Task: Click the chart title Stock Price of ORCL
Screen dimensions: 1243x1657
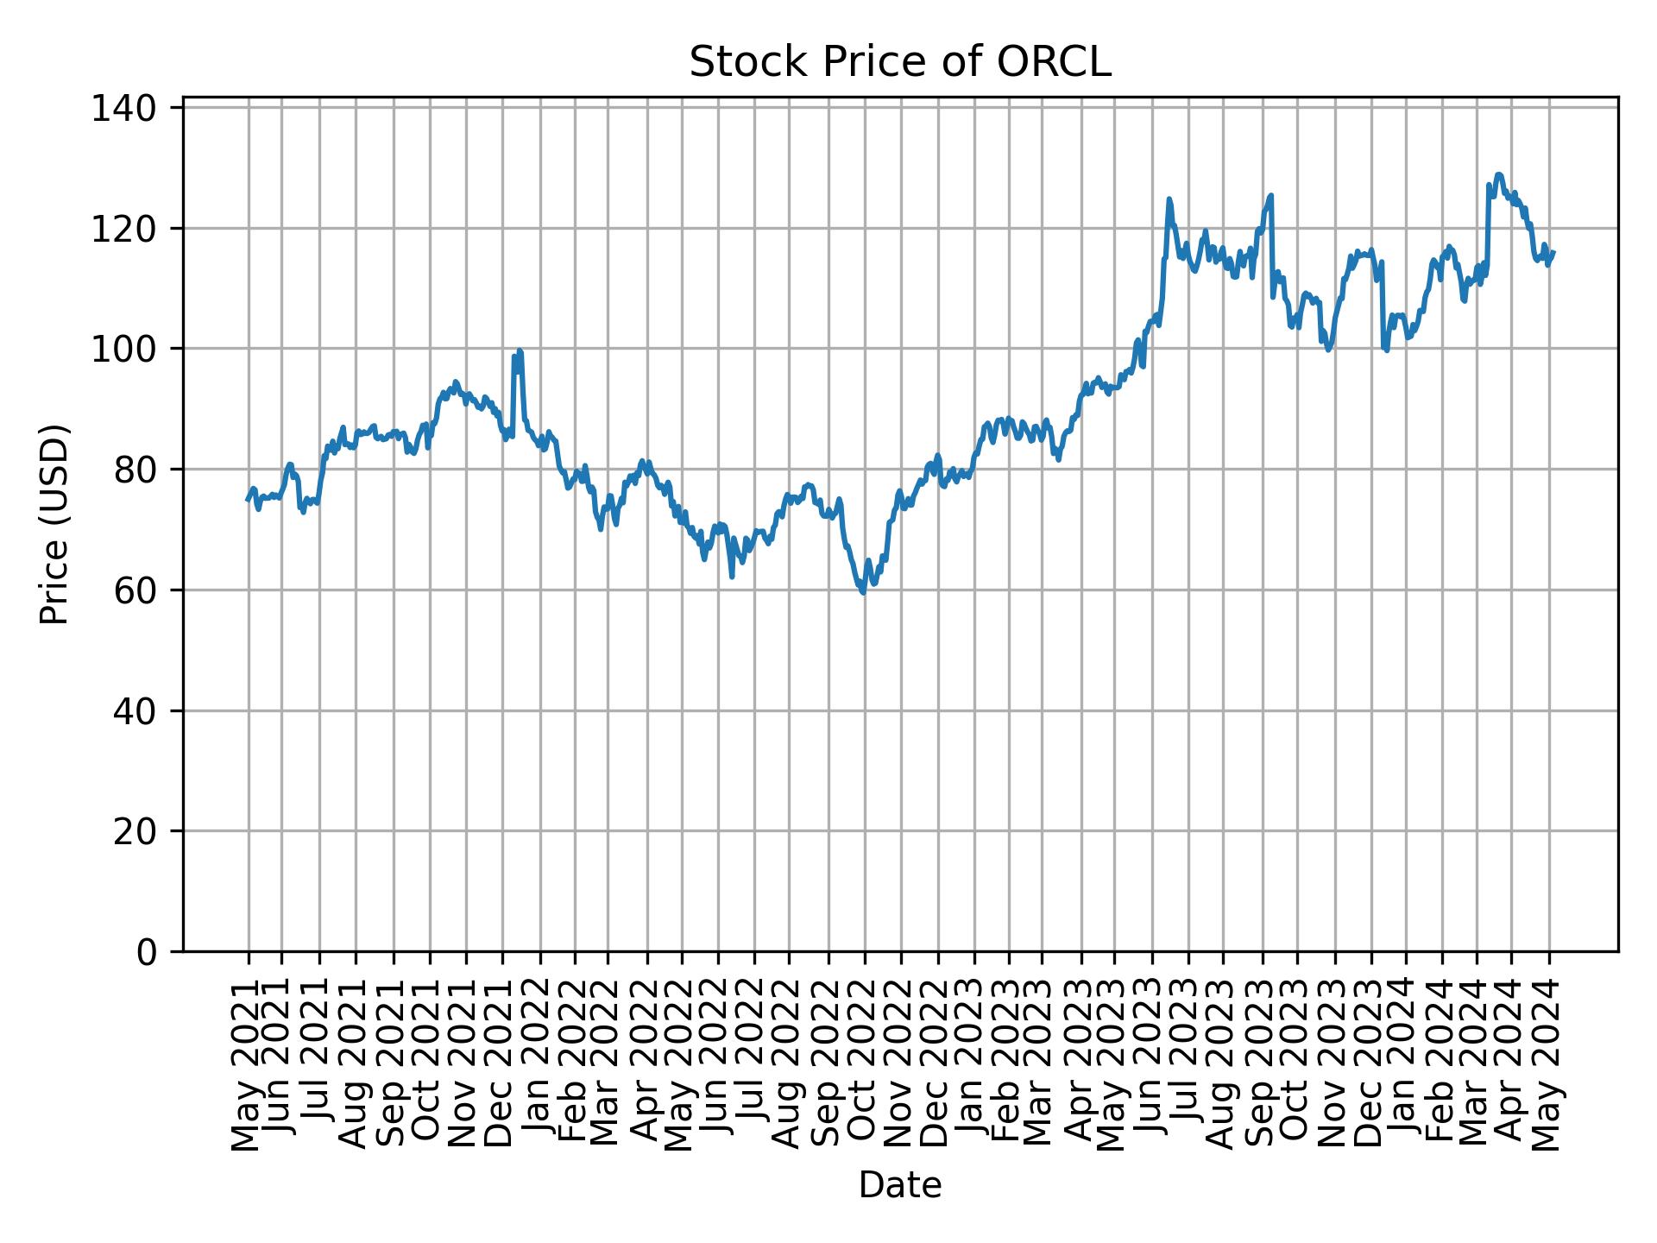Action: [899, 63]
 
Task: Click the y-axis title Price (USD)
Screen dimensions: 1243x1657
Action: [54, 524]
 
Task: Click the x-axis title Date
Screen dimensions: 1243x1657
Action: [899, 1185]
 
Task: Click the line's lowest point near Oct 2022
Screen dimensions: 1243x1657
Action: [863, 592]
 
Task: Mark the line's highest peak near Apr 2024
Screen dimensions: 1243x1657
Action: [1498, 174]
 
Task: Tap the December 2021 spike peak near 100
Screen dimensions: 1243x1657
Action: [520, 350]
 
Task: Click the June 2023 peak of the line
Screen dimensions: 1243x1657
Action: [1169, 199]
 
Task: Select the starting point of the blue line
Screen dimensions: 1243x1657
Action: [248, 500]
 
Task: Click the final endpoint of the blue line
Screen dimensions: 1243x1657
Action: [1554, 252]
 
